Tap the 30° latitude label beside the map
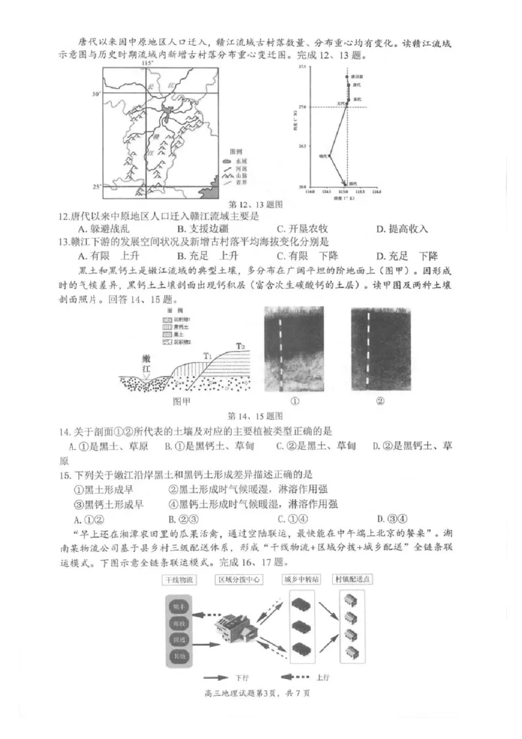(x=97, y=94)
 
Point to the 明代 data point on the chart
(x=330, y=156)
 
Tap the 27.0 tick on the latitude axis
(x=303, y=107)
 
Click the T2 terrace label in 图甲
(x=241, y=344)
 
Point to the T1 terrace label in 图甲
(x=208, y=355)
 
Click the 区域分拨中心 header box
(x=241, y=579)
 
